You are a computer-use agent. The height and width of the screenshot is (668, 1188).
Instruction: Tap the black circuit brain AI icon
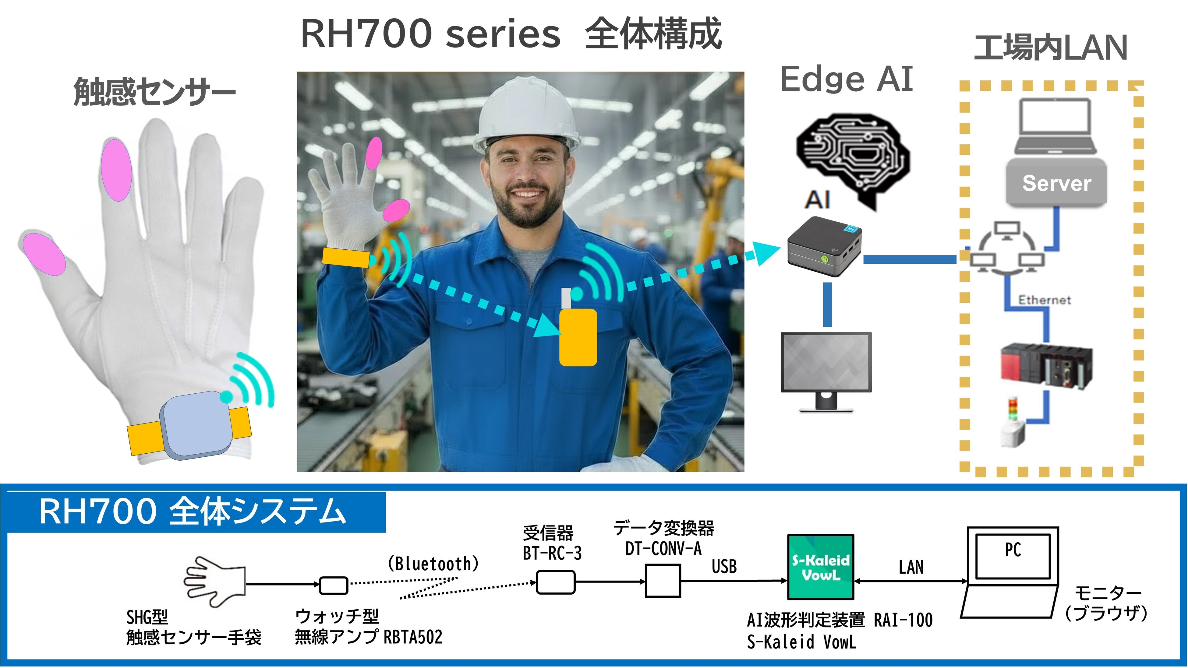[853, 161]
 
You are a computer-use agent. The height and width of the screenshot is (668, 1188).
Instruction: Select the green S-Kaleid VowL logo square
[820, 567]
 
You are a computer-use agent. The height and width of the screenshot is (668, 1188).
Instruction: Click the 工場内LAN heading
[1051, 47]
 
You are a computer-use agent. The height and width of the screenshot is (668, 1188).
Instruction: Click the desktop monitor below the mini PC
[826, 371]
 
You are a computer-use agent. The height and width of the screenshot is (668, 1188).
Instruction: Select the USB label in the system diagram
[724, 567]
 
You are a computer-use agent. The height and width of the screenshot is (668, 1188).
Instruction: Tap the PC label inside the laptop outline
[1013, 550]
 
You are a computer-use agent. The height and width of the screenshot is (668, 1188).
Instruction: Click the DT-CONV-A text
[663, 549]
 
